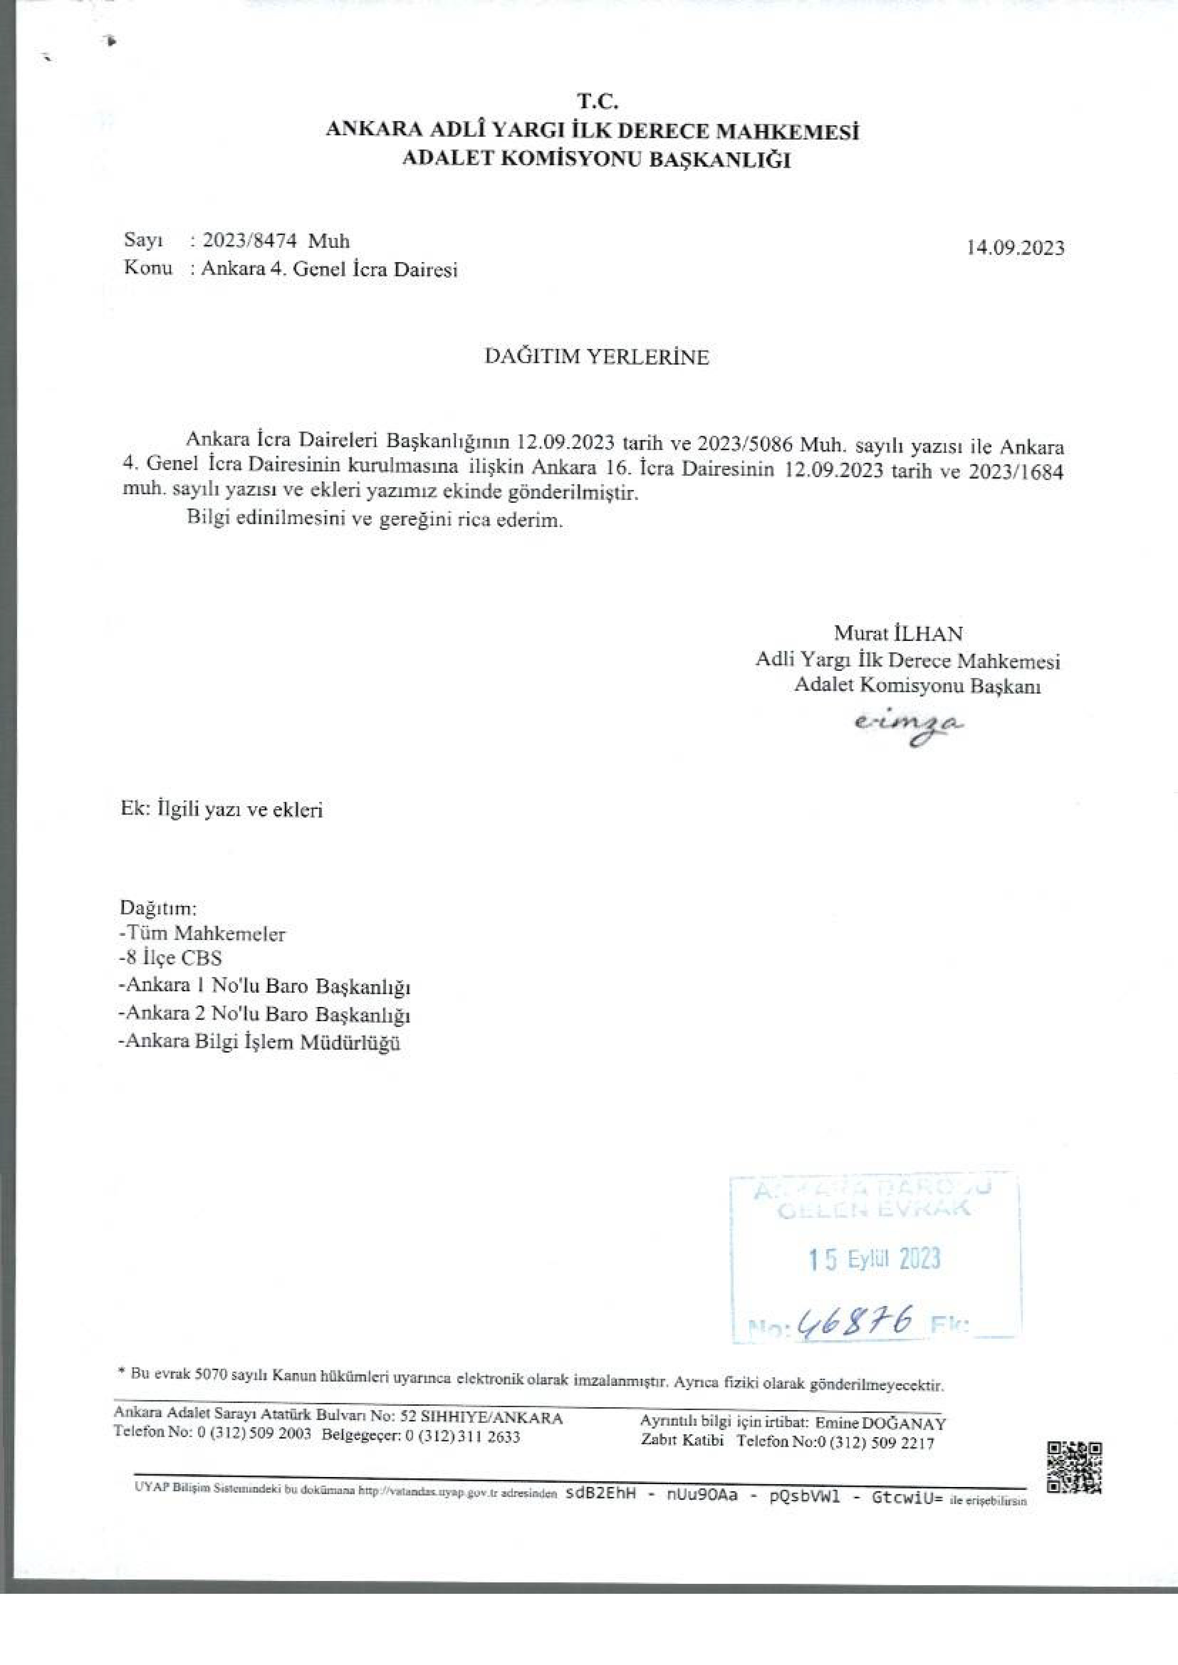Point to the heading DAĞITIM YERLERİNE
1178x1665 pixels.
pos(596,357)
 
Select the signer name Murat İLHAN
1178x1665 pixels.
pos(898,634)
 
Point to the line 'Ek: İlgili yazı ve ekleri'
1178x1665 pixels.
pos(221,810)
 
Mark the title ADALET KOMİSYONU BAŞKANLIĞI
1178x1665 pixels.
pos(596,159)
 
